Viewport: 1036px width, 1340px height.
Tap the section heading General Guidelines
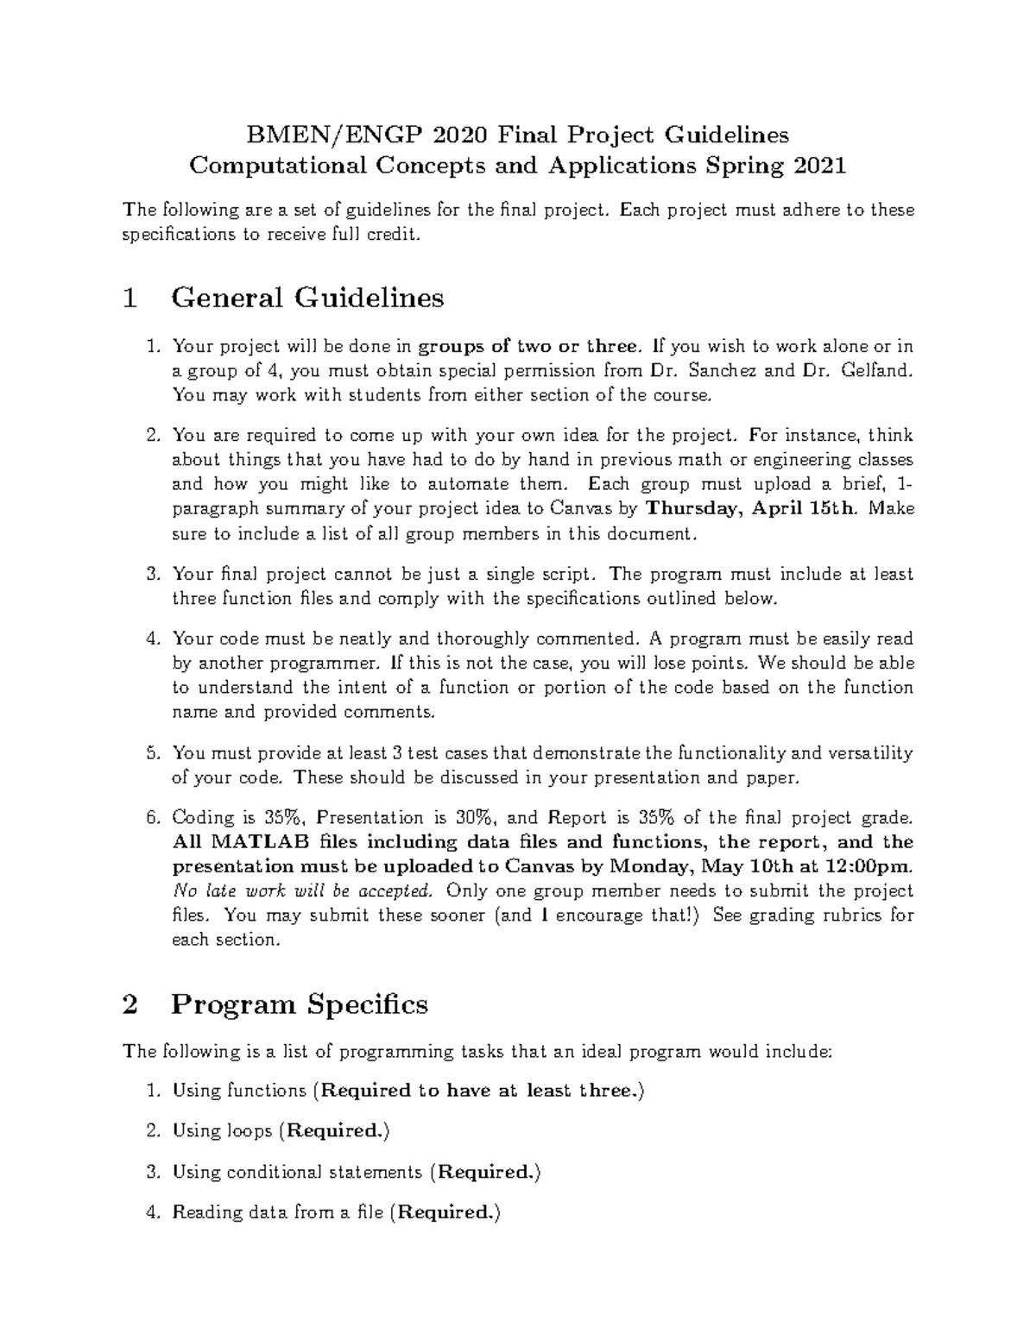coord(307,298)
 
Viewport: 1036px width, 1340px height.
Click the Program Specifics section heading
coord(300,1004)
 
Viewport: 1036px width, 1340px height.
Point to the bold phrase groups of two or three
coord(529,347)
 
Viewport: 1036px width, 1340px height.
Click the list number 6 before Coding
coord(152,817)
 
